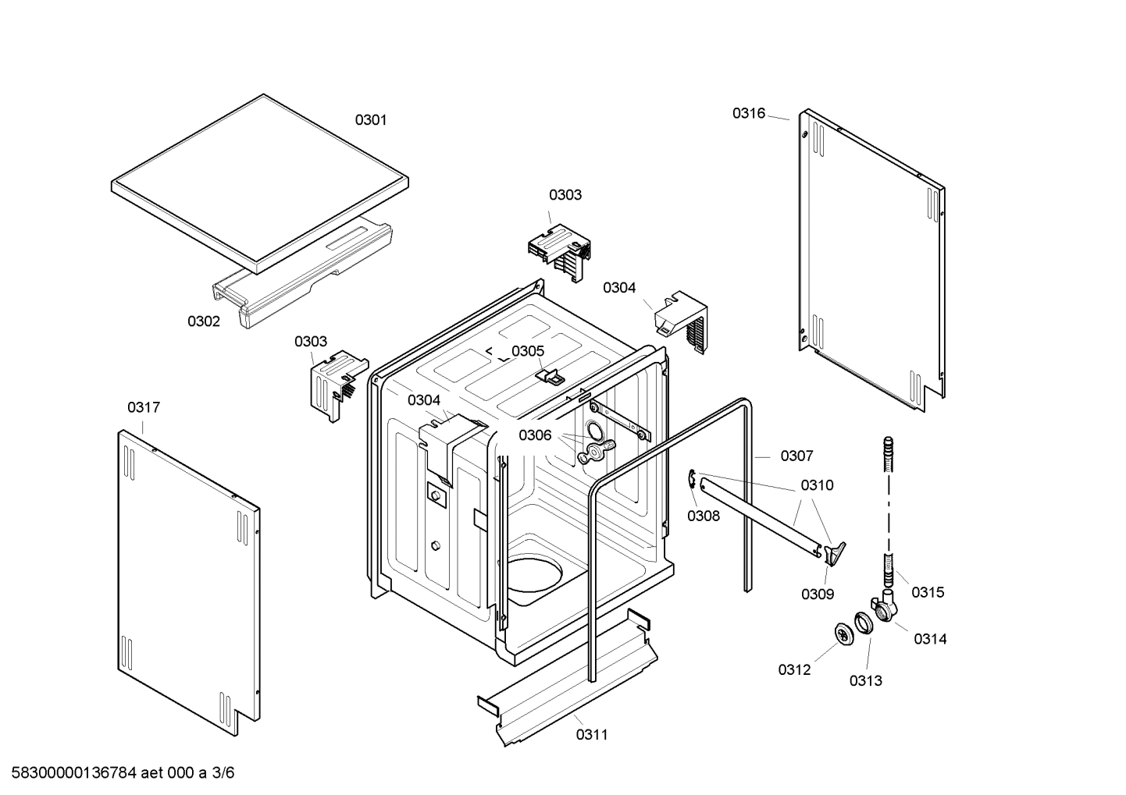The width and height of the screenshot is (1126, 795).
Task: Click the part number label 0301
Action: click(x=371, y=120)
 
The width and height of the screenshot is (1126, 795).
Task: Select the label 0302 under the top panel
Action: click(x=203, y=321)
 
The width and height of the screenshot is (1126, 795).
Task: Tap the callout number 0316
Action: click(x=748, y=113)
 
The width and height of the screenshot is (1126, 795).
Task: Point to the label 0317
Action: click(x=144, y=407)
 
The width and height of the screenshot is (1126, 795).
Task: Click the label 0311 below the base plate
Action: click(x=592, y=734)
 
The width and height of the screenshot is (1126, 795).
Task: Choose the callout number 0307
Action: click(x=796, y=456)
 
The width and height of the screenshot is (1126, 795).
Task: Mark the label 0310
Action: click(x=817, y=485)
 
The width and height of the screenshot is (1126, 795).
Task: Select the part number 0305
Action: click(x=528, y=351)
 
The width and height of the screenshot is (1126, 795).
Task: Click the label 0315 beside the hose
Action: click(x=928, y=592)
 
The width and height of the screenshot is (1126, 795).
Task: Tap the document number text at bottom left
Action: click(x=118, y=773)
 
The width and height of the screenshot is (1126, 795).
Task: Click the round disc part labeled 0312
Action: click(x=843, y=636)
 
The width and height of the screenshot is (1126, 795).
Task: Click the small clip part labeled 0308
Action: click(x=693, y=481)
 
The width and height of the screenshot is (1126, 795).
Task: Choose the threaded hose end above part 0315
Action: click(x=888, y=453)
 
